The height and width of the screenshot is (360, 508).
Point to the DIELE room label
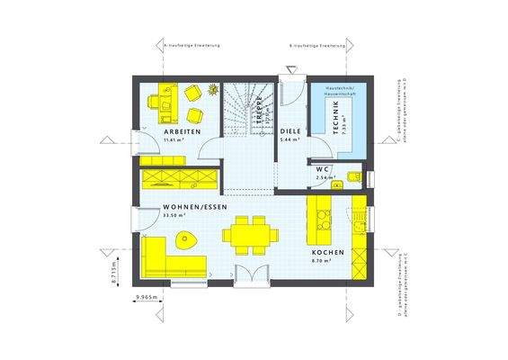(x=290, y=131)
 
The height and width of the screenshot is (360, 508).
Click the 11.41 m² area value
(x=174, y=141)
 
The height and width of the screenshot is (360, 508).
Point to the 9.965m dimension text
(x=146, y=296)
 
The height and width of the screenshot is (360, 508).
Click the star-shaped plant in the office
(x=214, y=89)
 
